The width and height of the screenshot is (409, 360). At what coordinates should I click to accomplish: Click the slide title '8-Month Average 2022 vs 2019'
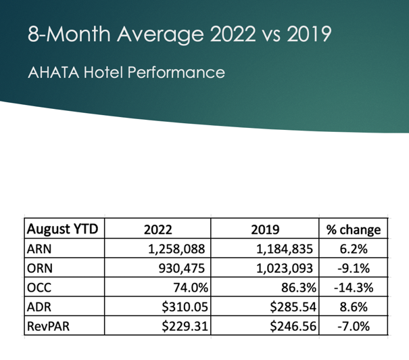179,34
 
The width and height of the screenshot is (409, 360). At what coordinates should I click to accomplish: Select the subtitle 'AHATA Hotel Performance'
126,72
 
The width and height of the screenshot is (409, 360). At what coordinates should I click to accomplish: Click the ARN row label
39,248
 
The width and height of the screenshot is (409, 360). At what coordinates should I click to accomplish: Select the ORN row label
40,268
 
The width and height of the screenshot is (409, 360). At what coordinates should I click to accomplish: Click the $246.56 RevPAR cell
289,327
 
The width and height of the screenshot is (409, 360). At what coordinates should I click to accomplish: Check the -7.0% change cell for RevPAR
353,327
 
